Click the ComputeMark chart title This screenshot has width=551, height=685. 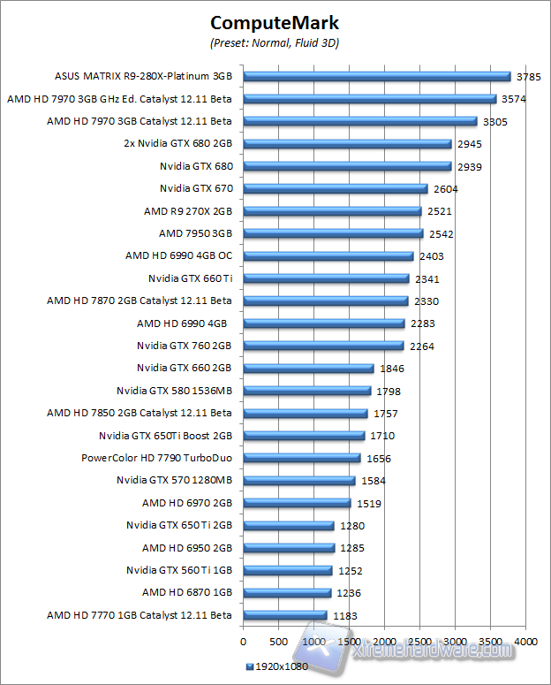(275, 23)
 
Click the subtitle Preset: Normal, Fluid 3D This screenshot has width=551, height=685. (275, 42)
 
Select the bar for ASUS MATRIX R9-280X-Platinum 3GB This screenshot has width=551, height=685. (376, 76)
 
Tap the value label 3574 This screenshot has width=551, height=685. (513, 99)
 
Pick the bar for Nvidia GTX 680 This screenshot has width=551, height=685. (346, 166)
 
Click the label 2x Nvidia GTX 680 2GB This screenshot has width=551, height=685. (177, 143)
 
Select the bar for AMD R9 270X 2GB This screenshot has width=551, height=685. (332, 211)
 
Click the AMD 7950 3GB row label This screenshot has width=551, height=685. (195, 233)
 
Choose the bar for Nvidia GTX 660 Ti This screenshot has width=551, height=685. (326, 278)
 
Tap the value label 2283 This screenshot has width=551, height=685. (422, 323)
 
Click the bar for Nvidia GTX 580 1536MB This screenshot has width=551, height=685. (306, 391)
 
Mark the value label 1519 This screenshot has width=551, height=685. (369, 503)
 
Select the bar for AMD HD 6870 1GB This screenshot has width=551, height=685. (287, 592)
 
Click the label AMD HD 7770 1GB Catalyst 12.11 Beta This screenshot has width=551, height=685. (139, 615)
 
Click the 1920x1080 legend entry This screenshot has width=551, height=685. (277, 666)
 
